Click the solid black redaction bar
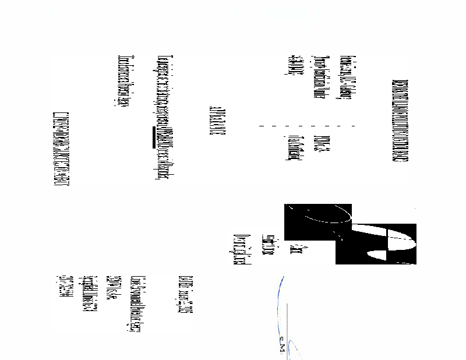coord(154,137)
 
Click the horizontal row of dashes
coord(305,126)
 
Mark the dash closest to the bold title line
coord(354,126)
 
